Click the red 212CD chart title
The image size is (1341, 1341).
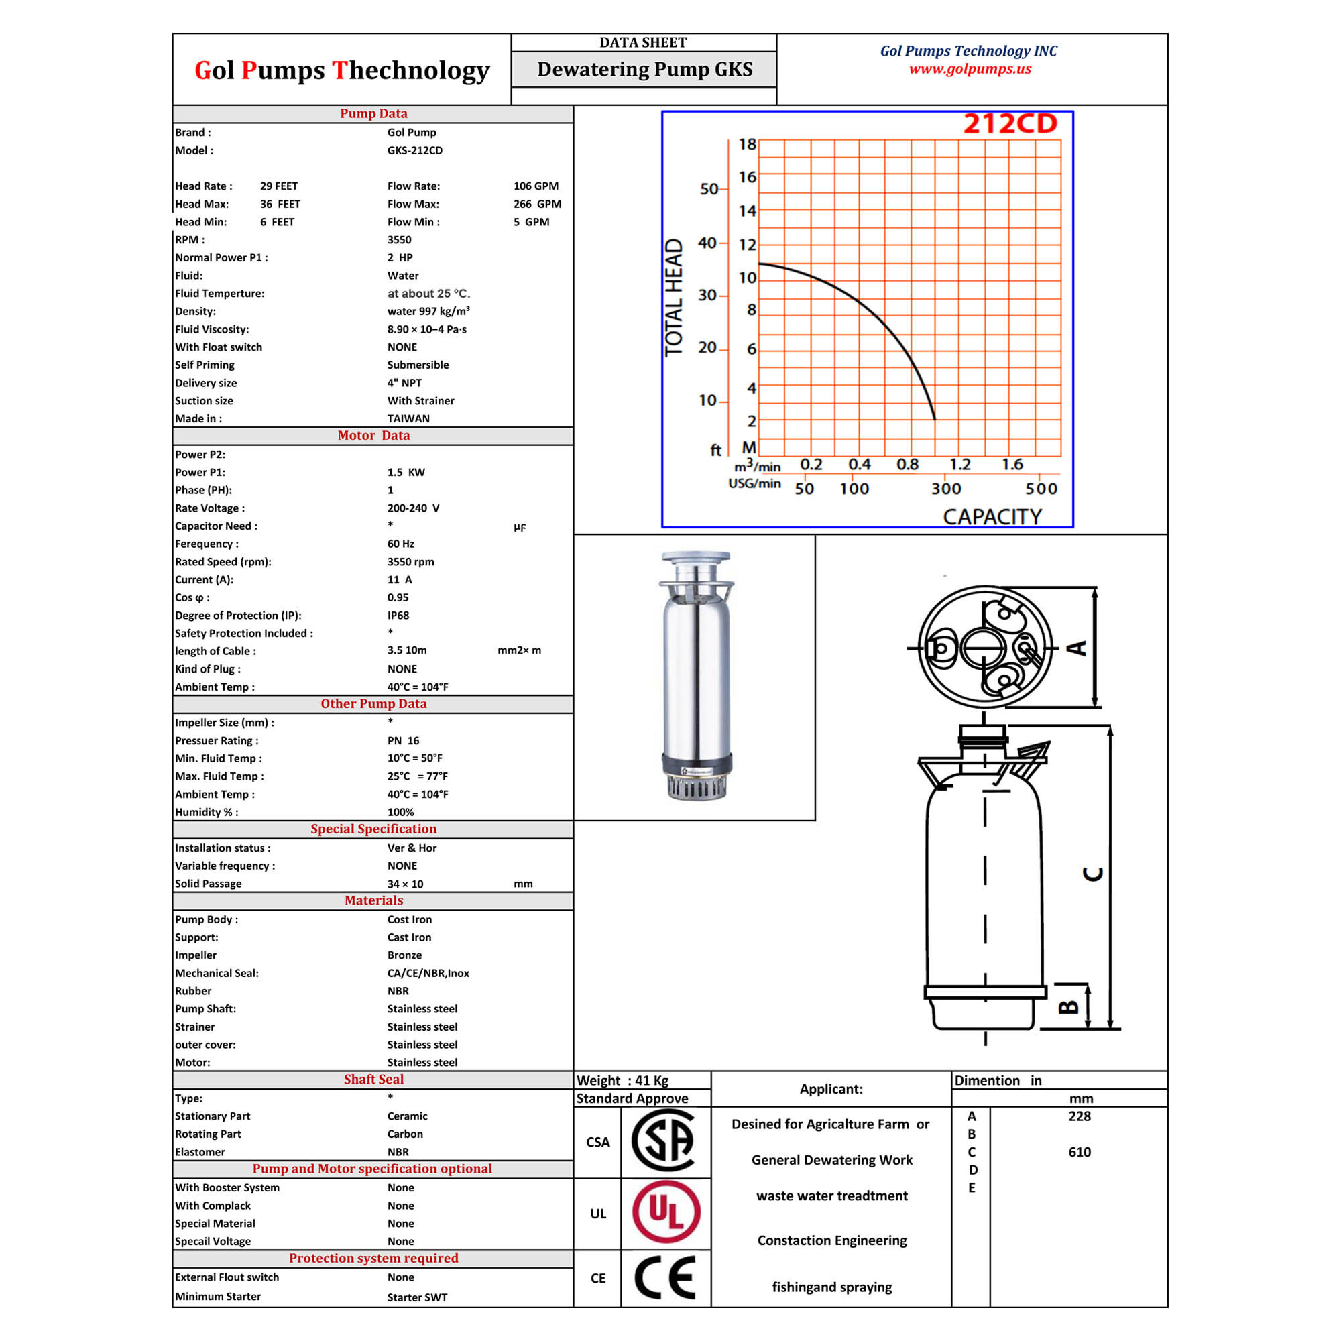[x=1010, y=123]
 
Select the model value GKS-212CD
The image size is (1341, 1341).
[x=414, y=150]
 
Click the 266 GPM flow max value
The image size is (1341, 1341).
[x=537, y=204]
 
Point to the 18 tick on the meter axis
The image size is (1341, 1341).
[x=747, y=144]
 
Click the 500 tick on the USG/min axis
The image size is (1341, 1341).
[x=1041, y=489]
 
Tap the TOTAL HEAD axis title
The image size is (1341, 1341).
[x=674, y=297]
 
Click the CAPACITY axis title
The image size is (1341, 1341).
[x=992, y=516]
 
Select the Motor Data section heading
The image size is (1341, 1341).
[x=373, y=435]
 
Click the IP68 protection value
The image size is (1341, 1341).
[x=398, y=615]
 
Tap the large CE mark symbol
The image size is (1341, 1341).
[x=665, y=1277]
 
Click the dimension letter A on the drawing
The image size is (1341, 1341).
[x=1076, y=648]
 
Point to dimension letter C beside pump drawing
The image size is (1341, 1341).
[x=1092, y=874]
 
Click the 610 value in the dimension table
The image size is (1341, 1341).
[x=1080, y=1151]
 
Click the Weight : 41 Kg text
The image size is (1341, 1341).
[x=623, y=1080]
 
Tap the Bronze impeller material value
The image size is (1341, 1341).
[x=405, y=955]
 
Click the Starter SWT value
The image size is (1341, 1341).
[x=417, y=1297]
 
